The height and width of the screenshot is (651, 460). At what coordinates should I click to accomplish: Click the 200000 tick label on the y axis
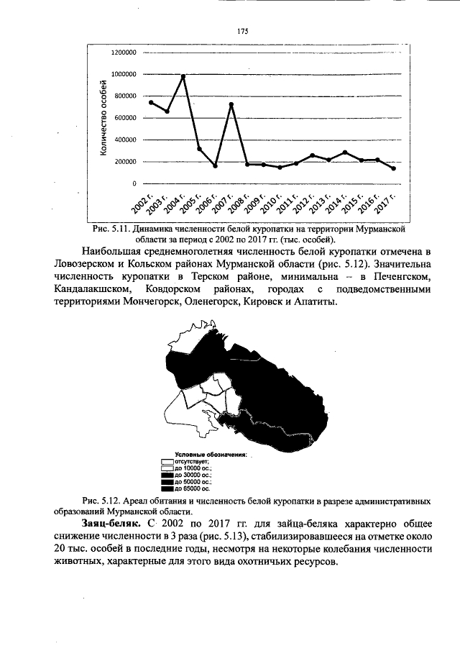coord(125,162)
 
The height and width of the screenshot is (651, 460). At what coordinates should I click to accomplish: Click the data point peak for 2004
coord(183,76)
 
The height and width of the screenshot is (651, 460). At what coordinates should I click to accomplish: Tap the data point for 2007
coord(231,105)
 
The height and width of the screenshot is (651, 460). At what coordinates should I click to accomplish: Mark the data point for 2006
coord(215,166)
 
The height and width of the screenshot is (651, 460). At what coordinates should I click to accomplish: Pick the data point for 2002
coord(151,102)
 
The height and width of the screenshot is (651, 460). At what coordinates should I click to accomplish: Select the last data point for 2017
coord(394,168)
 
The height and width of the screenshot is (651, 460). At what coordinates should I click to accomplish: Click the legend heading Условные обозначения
coord(205,455)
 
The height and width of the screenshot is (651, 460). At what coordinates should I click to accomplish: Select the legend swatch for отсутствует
coord(167,461)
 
